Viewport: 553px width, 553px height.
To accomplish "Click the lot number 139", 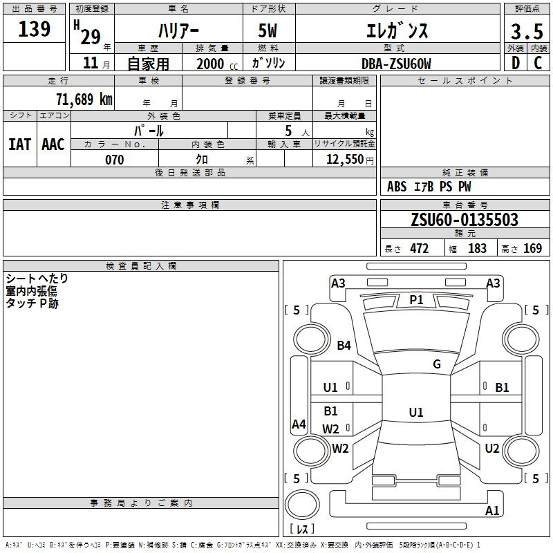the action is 34,28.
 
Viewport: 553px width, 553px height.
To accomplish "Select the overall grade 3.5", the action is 527,31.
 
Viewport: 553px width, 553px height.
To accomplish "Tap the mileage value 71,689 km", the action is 84,99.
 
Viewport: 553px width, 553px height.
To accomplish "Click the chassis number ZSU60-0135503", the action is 465,219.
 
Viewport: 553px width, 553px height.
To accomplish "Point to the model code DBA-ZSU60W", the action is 396,64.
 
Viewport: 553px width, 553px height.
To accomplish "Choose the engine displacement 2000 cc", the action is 217,64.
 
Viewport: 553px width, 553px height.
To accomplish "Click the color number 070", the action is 115,160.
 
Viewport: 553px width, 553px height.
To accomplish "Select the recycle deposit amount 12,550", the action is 345,159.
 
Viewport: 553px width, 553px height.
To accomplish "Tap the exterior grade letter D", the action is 516,63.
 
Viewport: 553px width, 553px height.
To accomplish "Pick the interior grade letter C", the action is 538,63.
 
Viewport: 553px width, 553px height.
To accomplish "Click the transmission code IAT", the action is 19,144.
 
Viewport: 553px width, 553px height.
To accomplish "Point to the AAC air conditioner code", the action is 53,144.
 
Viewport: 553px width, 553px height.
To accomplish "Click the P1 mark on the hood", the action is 416,300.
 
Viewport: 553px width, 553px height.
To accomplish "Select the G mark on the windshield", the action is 437,364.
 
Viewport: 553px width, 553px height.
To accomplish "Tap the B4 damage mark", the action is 344,345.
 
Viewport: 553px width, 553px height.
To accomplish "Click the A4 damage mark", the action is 299,424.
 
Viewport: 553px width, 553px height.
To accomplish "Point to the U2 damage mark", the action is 492,449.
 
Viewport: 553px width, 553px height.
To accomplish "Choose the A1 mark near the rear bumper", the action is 492,510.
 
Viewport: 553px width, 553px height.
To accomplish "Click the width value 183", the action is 477,248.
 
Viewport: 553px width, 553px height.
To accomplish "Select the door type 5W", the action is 268,30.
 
